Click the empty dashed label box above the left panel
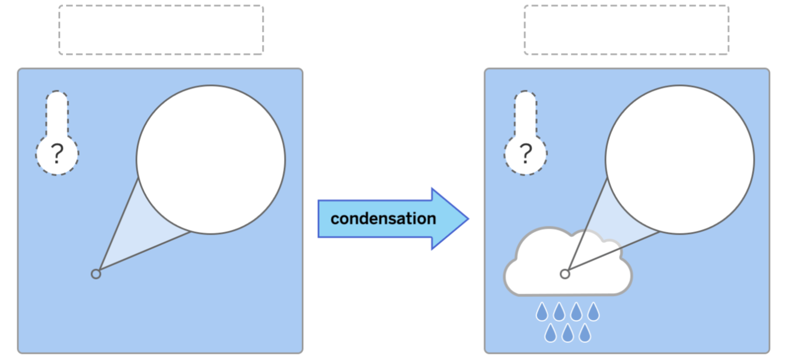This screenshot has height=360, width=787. pyautogui.click(x=161, y=30)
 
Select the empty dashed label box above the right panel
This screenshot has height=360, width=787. pyautogui.click(x=626, y=30)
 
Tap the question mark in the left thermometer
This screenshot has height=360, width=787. pyautogui.click(x=57, y=155)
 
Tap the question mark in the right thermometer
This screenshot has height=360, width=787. pyautogui.click(x=526, y=155)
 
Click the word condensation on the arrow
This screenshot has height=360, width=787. pyautogui.click(x=383, y=219)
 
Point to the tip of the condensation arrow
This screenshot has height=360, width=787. pyautogui.click(x=467, y=219)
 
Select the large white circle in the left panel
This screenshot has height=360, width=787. pyautogui.click(x=211, y=160)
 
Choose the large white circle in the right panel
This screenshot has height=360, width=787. pyautogui.click(x=680, y=160)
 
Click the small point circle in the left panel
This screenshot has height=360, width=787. pyautogui.click(x=96, y=274)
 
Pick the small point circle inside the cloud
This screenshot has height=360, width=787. pyautogui.click(x=565, y=274)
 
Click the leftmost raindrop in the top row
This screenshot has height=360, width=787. pyautogui.click(x=542, y=312)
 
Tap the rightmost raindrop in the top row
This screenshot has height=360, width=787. pyautogui.click(x=593, y=312)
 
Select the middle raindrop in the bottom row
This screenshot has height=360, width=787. pyautogui.click(x=567, y=332)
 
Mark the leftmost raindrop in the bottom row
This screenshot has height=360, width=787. pyautogui.click(x=550, y=332)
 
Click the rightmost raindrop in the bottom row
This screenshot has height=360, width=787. pyautogui.click(x=584, y=332)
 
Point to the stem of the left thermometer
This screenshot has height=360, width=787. pyautogui.click(x=57, y=116)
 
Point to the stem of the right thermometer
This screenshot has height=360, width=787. pyautogui.click(x=526, y=116)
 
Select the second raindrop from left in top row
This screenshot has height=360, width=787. pyautogui.click(x=559, y=312)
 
